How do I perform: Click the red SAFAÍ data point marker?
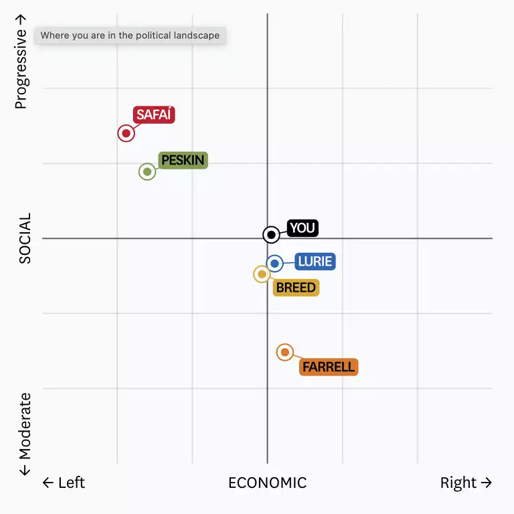click(126, 133)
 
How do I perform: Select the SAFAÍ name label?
click(154, 115)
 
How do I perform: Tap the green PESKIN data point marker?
click(147, 171)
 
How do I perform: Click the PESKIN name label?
click(183, 161)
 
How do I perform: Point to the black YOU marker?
click(271, 235)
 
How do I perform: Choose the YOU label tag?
click(303, 228)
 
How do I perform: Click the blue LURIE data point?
click(274, 264)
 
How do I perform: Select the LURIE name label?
click(315, 262)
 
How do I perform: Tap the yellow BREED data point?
click(262, 274)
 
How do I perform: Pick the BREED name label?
click(296, 288)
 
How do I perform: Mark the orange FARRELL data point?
click(285, 352)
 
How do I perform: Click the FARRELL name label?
click(329, 367)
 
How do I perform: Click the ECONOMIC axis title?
click(267, 483)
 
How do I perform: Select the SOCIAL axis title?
click(25, 238)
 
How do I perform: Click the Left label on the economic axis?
click(64, 483)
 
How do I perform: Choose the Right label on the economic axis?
click(466, 483)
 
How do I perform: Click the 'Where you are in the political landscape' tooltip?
click(130, 35)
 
